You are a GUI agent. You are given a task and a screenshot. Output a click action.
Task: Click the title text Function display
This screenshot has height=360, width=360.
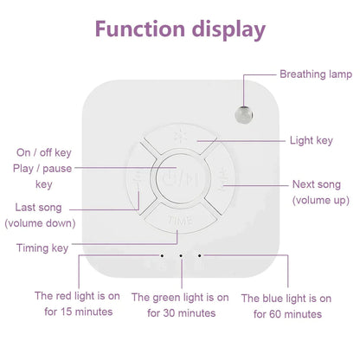tap(180, 30)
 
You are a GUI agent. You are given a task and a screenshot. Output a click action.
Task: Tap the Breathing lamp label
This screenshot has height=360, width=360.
tap(316, 74)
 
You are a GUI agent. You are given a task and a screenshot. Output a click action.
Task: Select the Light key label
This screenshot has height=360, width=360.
tap(312, 138)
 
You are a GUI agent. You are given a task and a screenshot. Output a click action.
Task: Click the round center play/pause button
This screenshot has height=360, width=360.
tap(179, 178)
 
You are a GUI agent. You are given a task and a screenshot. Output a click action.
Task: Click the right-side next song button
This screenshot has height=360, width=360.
tap(222, 178)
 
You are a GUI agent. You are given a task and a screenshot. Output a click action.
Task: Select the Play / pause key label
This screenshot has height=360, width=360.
tap(44, 175)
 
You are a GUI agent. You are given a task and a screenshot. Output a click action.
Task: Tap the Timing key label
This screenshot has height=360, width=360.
tap(42, 248)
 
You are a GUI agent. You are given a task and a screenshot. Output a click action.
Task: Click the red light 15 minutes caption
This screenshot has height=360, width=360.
tap(76, 304)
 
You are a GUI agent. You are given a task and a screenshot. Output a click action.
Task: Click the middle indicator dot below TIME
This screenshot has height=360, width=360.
tap(180, 256)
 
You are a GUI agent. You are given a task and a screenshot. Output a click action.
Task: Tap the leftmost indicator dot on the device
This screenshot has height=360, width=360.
tap(162, 256)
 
